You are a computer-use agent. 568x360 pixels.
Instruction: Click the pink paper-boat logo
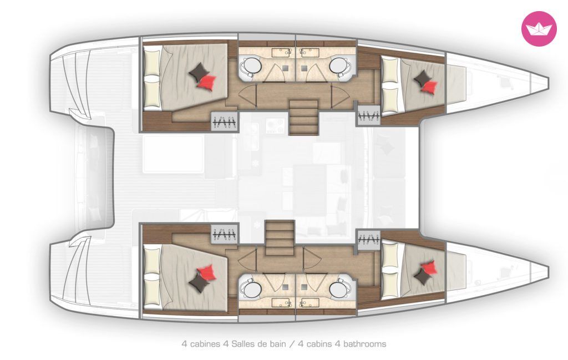539,29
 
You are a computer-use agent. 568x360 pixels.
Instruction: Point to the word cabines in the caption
204,344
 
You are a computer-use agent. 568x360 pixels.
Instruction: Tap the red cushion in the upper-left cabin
207,81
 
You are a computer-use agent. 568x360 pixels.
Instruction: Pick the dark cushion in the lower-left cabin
199,282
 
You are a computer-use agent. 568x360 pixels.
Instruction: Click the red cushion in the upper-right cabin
430,87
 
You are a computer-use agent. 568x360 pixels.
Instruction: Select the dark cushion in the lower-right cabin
422,277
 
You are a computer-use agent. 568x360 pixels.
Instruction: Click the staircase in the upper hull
303,118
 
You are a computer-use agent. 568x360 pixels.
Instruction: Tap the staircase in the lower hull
280,238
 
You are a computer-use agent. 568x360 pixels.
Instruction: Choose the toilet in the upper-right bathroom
339,66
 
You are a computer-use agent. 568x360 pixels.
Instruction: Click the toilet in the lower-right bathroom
339,290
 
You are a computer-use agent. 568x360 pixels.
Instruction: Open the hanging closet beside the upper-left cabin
225,122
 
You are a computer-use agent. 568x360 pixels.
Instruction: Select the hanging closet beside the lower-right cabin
368,239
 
